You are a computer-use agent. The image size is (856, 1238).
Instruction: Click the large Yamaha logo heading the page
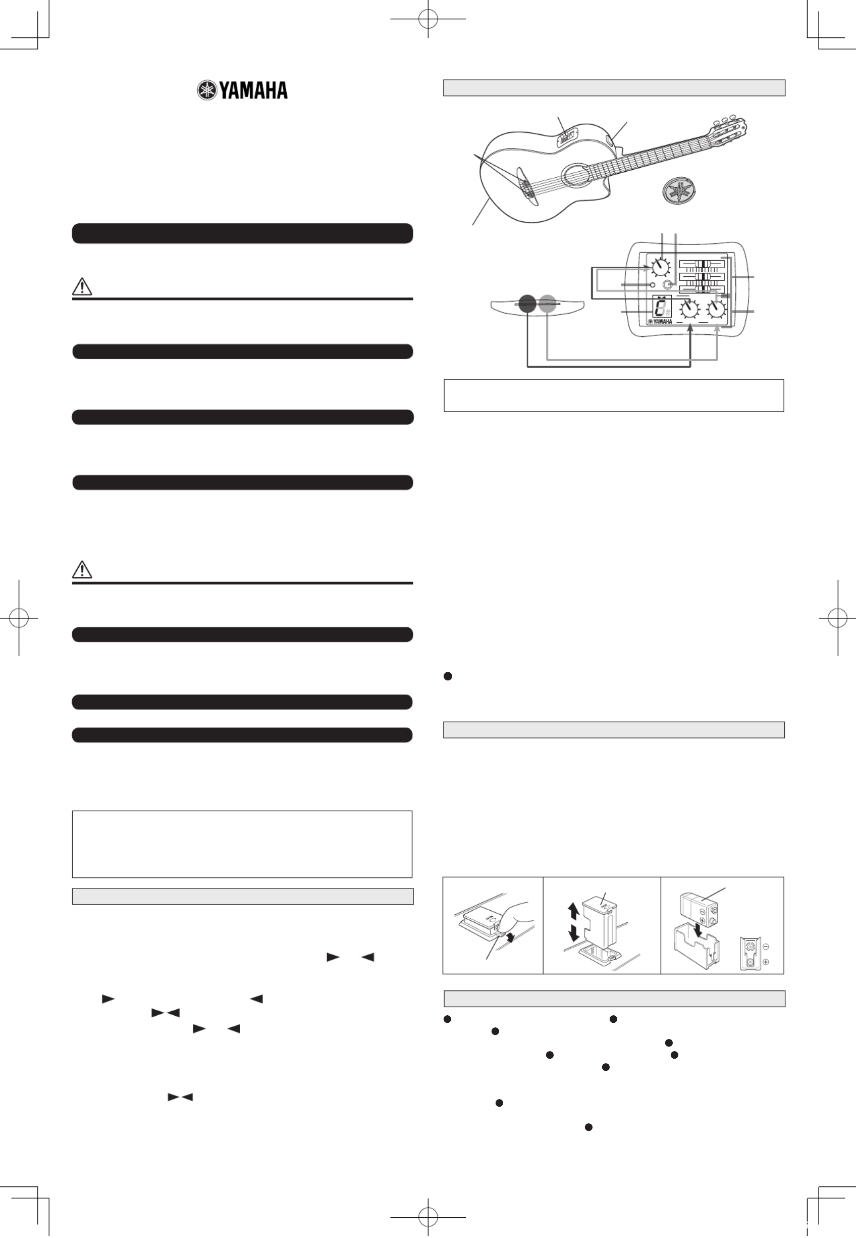pos(242,90)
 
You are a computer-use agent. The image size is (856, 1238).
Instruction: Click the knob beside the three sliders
pos(661,266)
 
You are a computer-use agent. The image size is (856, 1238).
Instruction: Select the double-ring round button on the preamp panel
pos(668,284)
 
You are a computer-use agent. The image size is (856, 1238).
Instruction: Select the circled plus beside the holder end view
pos(765,962)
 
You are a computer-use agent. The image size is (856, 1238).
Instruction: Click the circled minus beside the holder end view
pos(765,946)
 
